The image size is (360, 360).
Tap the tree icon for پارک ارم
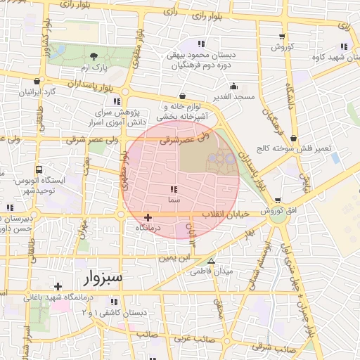tap(94, 56)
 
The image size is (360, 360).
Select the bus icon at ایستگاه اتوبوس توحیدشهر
tap(39, 169)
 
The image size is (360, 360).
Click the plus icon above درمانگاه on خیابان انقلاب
tap(148, 218)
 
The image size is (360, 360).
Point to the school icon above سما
tap(174, 190)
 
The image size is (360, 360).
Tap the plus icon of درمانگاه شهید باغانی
tap(58, 285)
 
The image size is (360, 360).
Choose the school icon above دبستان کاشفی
tap(113, 301)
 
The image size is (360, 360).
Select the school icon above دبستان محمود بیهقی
tap(202, 44)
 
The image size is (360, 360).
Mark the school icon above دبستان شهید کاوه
tap(345, 27)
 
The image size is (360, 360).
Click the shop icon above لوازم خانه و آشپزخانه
tap(183, 95)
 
